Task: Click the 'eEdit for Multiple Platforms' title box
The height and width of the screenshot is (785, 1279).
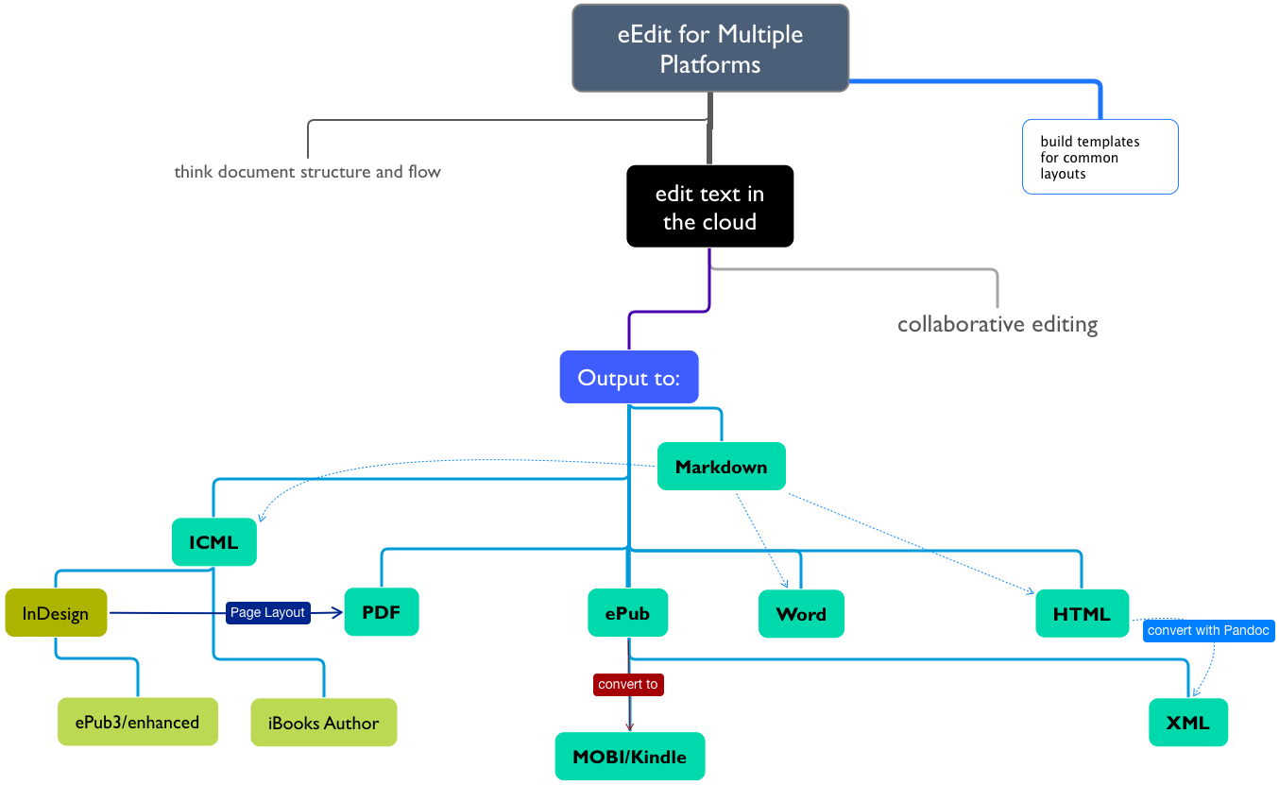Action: coord(710,48)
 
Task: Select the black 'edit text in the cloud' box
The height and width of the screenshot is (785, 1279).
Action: coord(709,206)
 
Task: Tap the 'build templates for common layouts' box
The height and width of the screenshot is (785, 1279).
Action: coord(1100,157)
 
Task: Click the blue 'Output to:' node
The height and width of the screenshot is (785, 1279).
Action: coord(629,377)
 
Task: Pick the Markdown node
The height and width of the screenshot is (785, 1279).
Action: coord(721,467)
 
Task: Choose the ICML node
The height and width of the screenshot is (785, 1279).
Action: coord(214,542)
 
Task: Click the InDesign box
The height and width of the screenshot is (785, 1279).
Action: coord(56,612)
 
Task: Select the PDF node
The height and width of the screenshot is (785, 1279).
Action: coord(382,612)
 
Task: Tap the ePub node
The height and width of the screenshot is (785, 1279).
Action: coord(627,612)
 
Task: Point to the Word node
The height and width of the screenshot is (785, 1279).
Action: coord(801,614)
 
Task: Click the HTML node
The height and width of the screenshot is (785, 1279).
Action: coord(1082,614)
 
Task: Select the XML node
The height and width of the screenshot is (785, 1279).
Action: coord(1188,723)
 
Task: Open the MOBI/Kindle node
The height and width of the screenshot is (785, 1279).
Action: coord(630,757)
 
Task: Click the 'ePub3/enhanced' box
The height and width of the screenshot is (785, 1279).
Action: coord(138,722)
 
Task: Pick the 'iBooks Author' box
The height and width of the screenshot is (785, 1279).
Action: coord(324,723)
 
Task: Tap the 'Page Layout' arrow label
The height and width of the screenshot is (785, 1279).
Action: coord(267,612)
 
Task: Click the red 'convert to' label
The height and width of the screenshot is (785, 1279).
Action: coord(628,685)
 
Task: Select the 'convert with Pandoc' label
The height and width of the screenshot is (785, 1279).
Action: coord(1209,631)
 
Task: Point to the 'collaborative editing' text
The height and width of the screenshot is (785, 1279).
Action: coord(998,324)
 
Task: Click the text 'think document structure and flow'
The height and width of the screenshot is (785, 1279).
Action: coord(307,172)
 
